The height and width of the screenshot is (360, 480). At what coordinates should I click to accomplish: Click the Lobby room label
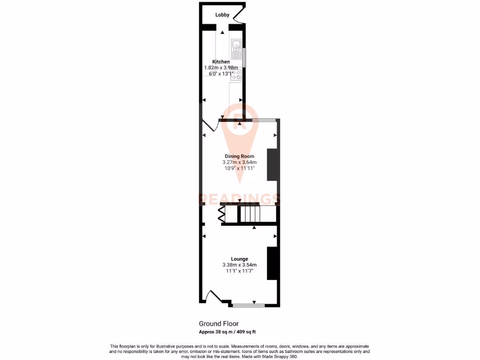222,15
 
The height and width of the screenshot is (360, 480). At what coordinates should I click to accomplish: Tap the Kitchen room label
221,62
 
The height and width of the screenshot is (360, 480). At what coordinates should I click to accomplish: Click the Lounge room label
240,259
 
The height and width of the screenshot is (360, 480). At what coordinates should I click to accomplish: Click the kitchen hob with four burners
235,75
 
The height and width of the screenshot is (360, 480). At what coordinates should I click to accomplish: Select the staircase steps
249,214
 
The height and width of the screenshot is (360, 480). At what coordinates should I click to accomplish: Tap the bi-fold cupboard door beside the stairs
221,214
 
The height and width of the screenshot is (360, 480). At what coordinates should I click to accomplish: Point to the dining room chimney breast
271,165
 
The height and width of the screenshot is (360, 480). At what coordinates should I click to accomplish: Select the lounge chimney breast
271,263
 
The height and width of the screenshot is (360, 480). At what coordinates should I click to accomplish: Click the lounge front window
249,306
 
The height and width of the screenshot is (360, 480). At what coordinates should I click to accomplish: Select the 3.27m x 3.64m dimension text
240,163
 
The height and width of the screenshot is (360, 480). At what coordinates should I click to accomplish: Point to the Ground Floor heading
219,323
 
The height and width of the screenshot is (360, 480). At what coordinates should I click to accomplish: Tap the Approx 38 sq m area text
227,332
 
